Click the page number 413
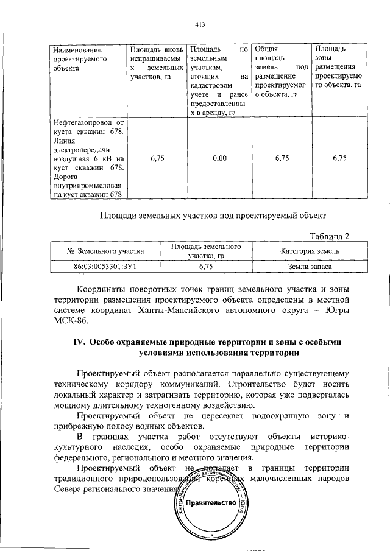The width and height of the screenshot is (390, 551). pyautogui.click(x=199, y=24)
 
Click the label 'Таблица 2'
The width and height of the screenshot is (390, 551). pyautogui.click(x=330, y=236)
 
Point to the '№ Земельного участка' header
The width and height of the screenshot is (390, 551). pyautogui.click(x=104, y=251)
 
